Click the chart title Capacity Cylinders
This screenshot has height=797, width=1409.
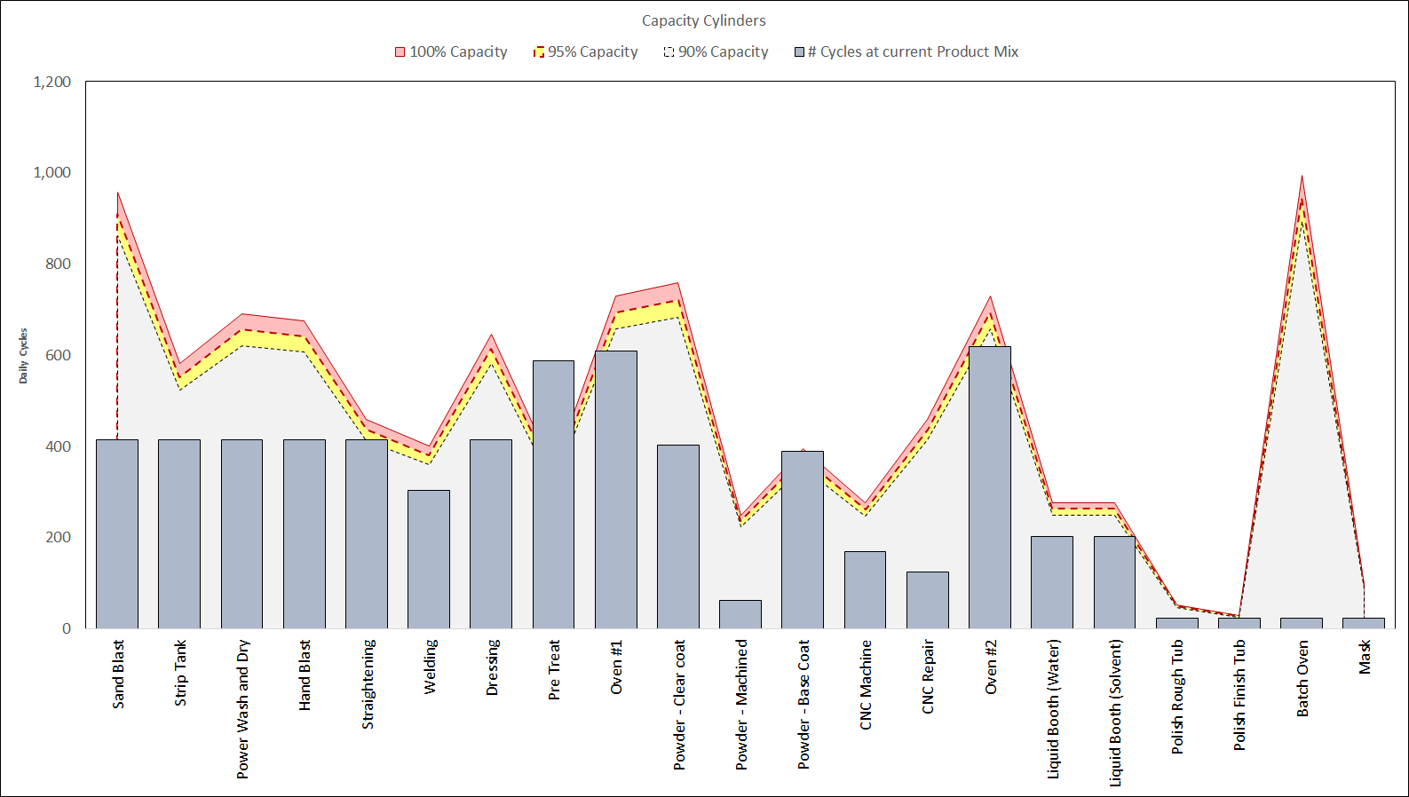pos(703,20)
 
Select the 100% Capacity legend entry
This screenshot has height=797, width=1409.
pos(451,52)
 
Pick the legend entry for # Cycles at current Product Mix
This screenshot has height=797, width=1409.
pos(906,52)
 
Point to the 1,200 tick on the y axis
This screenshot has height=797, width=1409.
pos(52,82)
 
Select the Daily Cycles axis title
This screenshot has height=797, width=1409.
pos(24,355)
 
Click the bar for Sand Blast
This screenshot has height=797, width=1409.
pos(117,533)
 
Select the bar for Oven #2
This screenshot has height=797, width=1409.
pos(990,487)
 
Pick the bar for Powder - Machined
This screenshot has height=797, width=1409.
pos(740,614)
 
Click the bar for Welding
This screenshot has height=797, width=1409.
pos(429,559)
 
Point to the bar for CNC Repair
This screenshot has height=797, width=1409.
pos(928,600)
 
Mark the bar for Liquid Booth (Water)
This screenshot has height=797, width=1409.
pos(1052,582)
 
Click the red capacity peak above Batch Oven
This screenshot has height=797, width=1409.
pos(1302,177)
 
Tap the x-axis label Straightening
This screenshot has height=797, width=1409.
pos(368,683)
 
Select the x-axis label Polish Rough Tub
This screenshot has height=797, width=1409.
pos(1177,696)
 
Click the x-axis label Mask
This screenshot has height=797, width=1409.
pos(1365,657)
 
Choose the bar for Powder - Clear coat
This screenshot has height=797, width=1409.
pos(678,536)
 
